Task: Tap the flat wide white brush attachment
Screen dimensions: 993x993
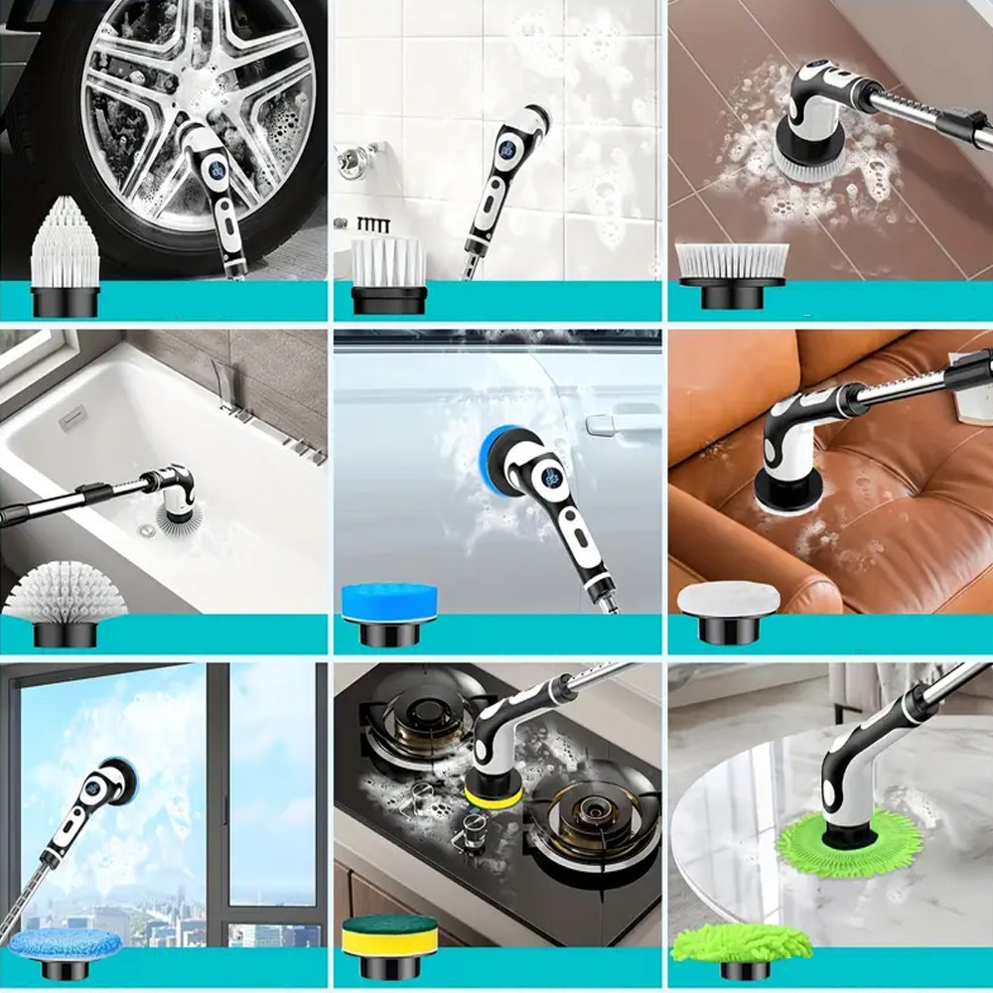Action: click(732, 261)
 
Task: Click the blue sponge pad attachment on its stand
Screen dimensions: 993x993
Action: click(388, 601)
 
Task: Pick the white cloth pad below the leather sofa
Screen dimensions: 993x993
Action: click(730, 599)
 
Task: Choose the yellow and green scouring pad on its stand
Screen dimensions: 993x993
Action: click(389, 934)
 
